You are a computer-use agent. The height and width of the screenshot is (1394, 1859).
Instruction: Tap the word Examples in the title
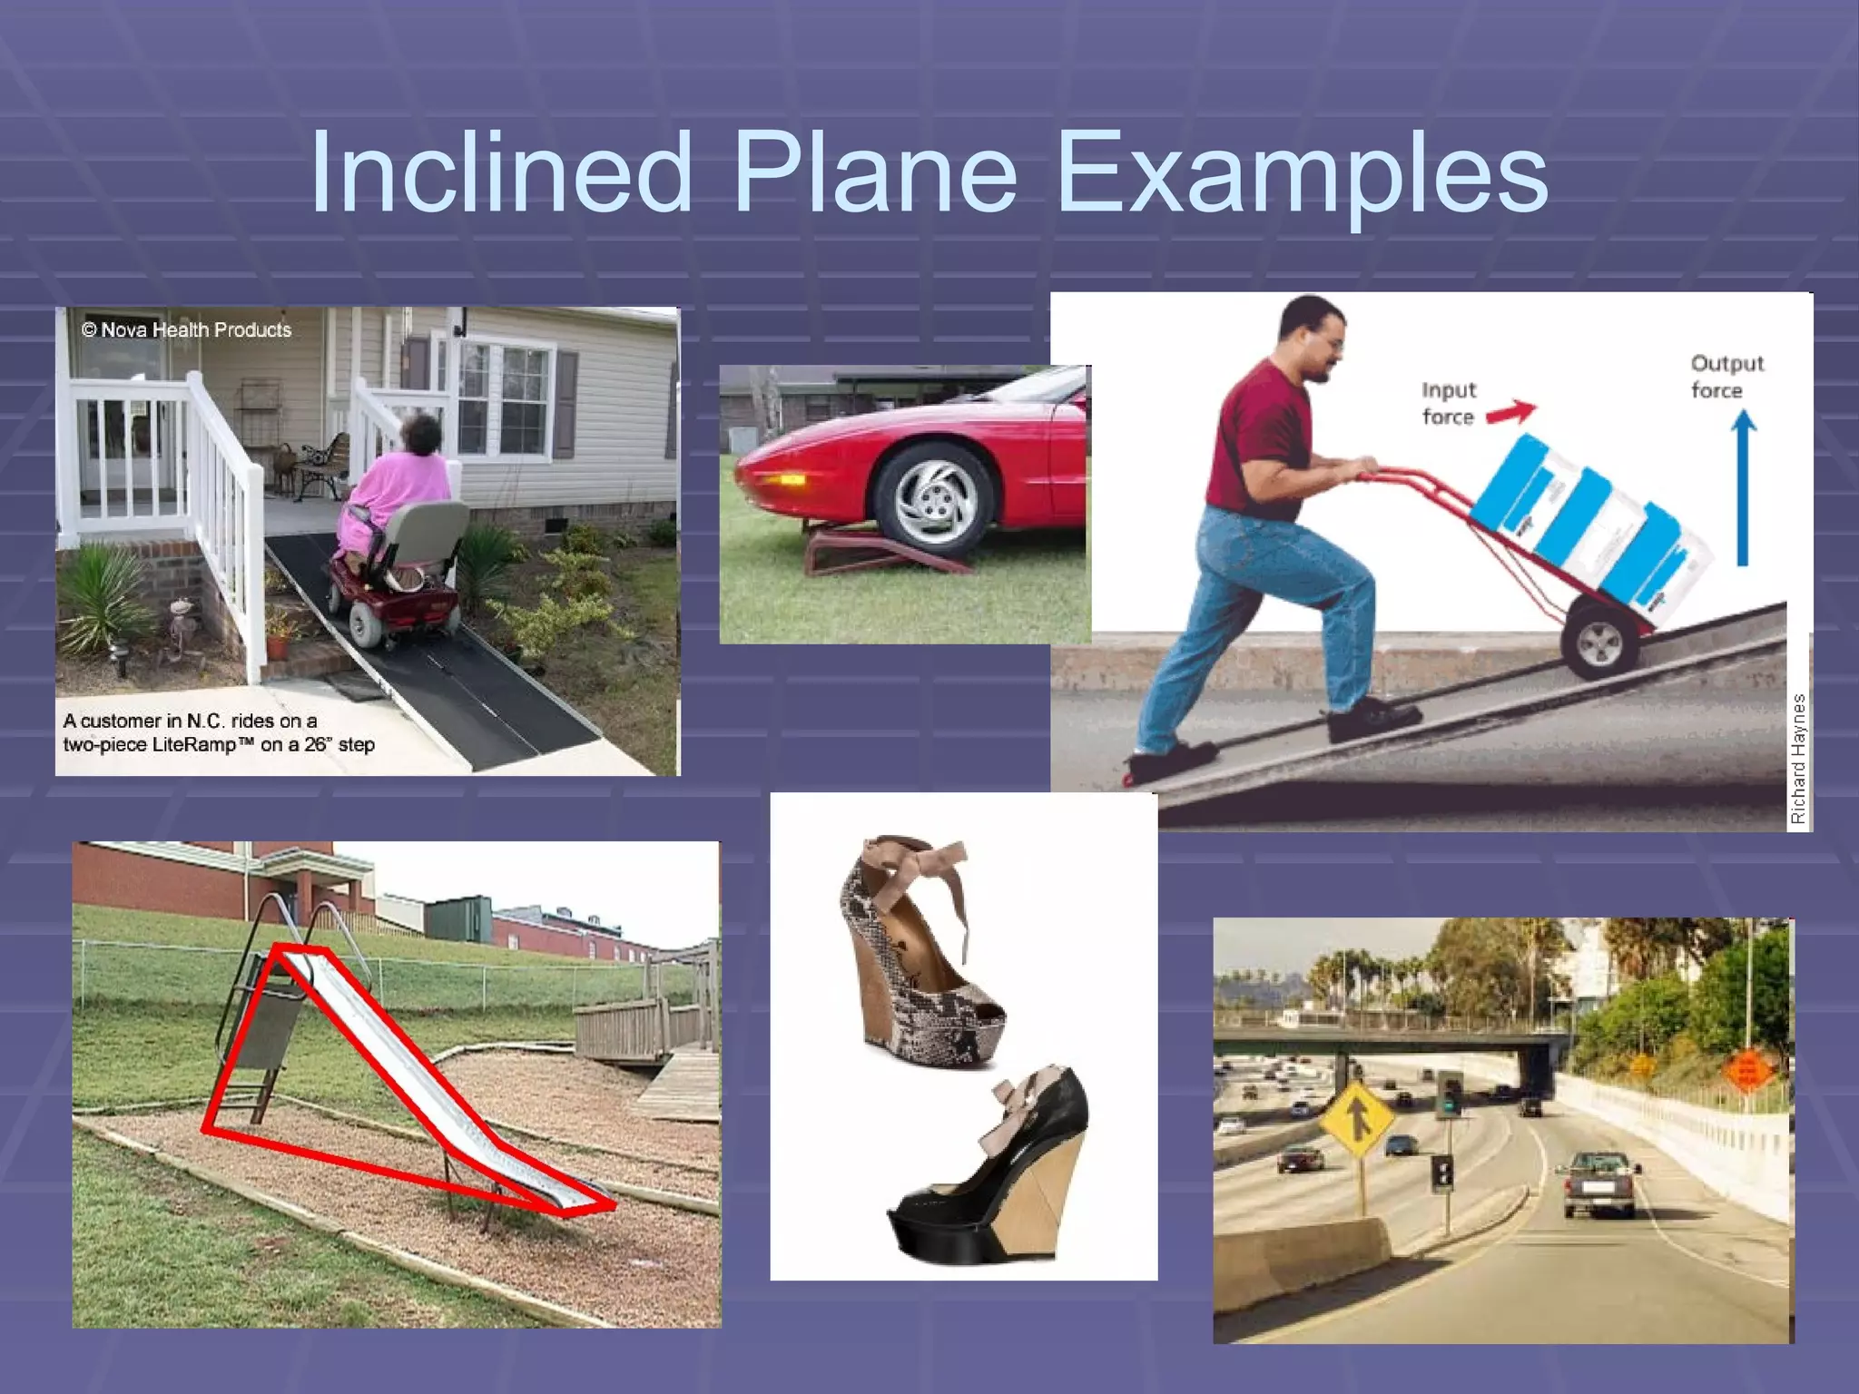(x=1303, y=172)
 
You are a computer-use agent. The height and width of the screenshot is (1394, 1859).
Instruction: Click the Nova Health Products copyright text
(x=187, y=329)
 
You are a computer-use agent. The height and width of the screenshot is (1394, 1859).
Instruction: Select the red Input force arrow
(x=1510, y=413)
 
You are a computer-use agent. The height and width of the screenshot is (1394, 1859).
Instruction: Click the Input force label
(x=1448, y=403)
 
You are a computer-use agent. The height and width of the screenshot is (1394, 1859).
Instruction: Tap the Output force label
(x=1726, y=377)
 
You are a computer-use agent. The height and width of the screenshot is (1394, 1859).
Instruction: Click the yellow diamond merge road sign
(x=1356, y=1119)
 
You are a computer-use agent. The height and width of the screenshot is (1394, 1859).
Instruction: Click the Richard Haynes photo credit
(x=1797, y=759)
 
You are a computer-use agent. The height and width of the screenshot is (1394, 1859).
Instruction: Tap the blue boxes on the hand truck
(x=1589, y=517)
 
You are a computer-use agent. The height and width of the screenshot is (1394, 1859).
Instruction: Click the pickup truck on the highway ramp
(x=1598, y=1182)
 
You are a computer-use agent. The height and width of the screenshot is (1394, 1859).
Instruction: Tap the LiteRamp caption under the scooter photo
(x=219, y=732)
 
